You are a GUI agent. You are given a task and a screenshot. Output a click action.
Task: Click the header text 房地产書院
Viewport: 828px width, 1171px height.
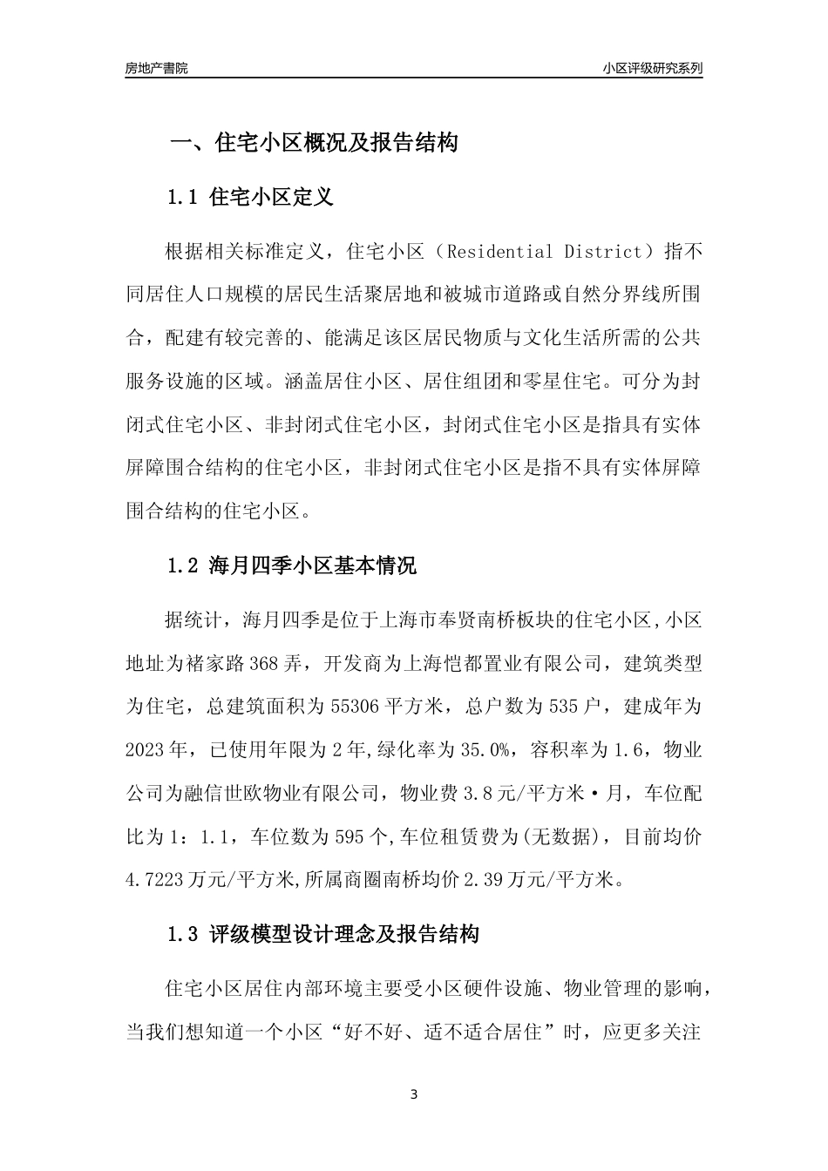[156, 68]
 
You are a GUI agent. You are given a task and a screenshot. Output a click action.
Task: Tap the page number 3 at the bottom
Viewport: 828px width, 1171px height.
[414, 1094]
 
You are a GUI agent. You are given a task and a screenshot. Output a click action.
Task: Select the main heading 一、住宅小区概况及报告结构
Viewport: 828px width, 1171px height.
[313, 143]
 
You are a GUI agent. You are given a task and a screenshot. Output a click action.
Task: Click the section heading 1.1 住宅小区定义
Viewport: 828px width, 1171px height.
[249, 197]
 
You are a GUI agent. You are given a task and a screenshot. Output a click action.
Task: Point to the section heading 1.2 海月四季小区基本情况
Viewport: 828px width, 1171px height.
[291, 566]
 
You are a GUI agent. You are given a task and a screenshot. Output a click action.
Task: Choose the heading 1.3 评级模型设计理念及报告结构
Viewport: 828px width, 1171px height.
[322, 936]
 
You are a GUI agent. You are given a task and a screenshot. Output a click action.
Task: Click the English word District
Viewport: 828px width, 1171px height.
[603, 253]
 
